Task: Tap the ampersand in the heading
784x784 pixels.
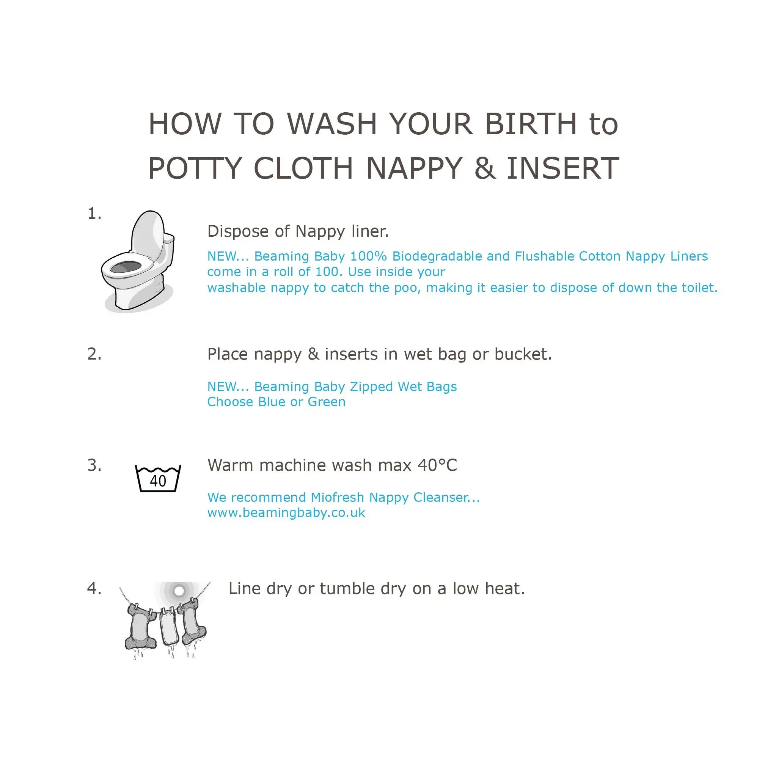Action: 485,168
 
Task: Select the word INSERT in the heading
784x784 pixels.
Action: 563,168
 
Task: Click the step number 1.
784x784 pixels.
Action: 94,214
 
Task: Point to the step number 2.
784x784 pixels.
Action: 94,354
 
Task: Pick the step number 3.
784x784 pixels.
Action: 94,465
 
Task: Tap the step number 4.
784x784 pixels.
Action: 94,588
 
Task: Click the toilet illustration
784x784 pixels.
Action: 138,262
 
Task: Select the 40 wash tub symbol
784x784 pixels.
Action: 158,478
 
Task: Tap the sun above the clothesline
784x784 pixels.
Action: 179,591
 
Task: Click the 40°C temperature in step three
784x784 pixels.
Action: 437,465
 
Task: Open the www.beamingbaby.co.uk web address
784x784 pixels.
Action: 286,513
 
